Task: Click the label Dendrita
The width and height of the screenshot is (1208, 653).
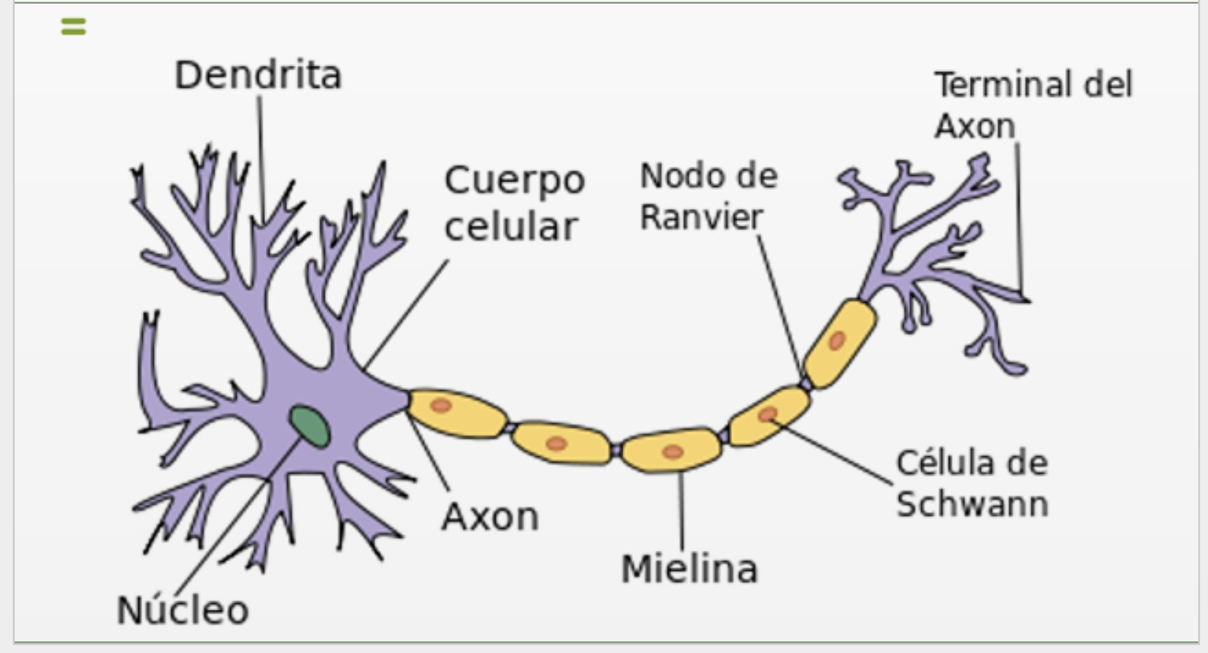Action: pos(258,75)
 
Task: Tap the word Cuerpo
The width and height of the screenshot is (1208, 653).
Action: pos(515,181)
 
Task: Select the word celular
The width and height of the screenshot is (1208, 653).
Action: pos(511,227)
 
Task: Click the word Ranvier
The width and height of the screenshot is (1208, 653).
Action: pos(701,217)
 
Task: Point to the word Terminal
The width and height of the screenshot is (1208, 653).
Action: pos(1003,85)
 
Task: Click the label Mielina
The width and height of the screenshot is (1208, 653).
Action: pos(690,569)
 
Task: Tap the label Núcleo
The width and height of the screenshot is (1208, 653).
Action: pos(183,610)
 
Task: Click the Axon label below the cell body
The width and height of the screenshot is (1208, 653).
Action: pos(490,516)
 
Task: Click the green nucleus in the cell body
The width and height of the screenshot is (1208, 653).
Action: pos(310,426)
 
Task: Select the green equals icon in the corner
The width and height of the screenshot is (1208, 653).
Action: pos(74,26)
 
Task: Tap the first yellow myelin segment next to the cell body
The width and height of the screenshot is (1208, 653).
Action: pos(456,412)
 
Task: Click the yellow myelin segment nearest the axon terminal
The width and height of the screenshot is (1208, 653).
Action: pos(840,344)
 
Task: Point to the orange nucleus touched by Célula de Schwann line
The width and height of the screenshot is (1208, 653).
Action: pos(768,415)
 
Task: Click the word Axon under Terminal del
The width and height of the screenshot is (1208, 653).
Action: pos(975,126)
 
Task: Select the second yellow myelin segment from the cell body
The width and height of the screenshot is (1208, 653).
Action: pos(561,442)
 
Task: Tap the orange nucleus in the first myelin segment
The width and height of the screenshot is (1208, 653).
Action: pos(441,406)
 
